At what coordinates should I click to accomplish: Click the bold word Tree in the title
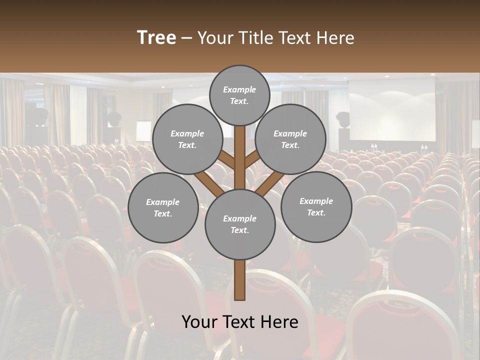(x=156, y=37)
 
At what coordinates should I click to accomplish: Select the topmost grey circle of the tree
(x=239, y=95)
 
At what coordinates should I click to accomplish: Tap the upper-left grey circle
(x=187, y=139)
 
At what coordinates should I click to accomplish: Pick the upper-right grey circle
(x=290, y=139)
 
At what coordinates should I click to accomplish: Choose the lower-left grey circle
(x=163, y=207)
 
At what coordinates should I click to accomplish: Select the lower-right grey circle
(x=316, y=206)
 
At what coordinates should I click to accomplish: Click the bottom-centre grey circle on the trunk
(x=240, y=224)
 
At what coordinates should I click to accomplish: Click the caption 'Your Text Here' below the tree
(x=240, y=322)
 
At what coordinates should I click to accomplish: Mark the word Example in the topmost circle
(x=239, y=90)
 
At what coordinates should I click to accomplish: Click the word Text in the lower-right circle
(x=316, y=212)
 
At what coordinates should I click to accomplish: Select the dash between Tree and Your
(x=186, y=38)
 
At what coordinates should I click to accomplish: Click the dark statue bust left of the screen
(x=343, y=120)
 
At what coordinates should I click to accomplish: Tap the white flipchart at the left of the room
(x=143, y=131)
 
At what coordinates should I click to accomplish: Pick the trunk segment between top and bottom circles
(x=240, y=157)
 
